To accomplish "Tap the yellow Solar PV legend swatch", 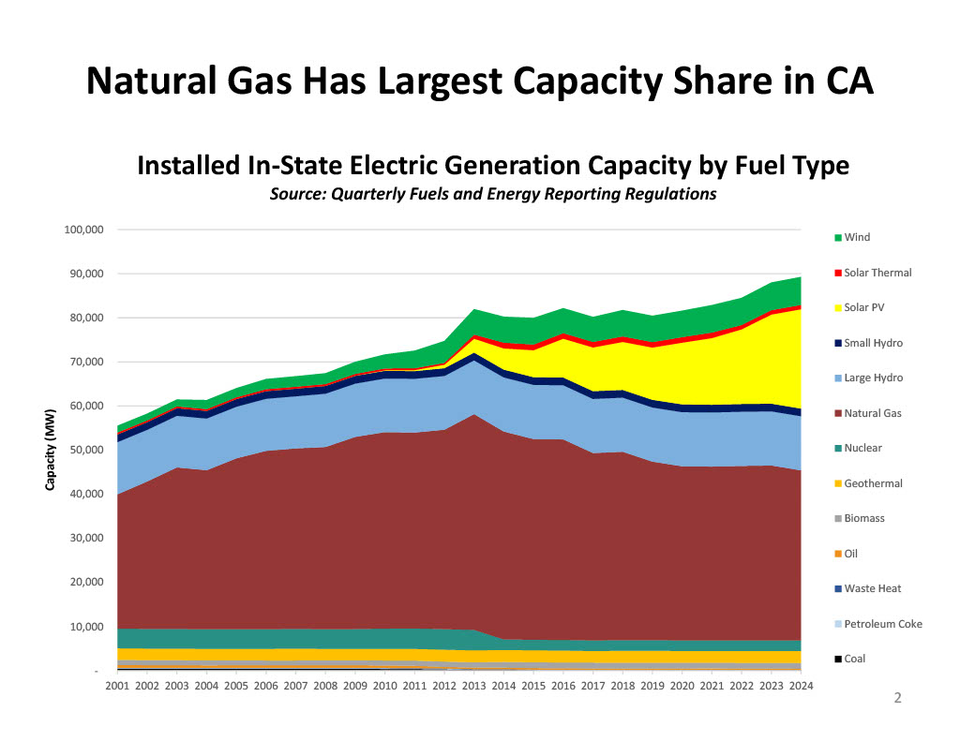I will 838,308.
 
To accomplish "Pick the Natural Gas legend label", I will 872,413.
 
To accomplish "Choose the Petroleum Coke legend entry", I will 882,624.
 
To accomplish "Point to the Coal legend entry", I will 854,659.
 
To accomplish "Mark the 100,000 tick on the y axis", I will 82,230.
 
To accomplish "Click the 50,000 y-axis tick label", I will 85,450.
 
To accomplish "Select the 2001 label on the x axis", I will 117,687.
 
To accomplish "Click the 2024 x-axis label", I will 800,687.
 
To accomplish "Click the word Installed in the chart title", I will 189,166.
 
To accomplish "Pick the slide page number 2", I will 896,698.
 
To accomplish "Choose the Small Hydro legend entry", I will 873,343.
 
